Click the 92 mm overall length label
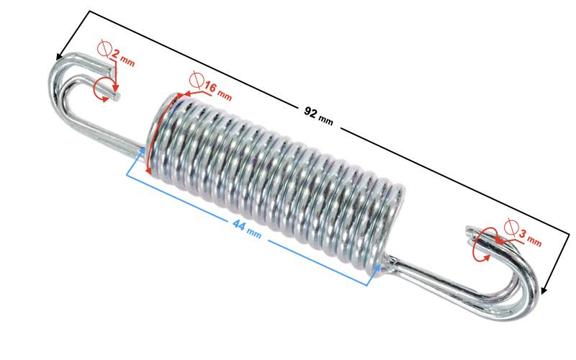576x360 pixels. (x=318, y=115)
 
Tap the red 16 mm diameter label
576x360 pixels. (x=217, y=91)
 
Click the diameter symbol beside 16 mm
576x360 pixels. (x=195, y=79)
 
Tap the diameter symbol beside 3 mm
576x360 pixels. (x=511, y=228)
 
